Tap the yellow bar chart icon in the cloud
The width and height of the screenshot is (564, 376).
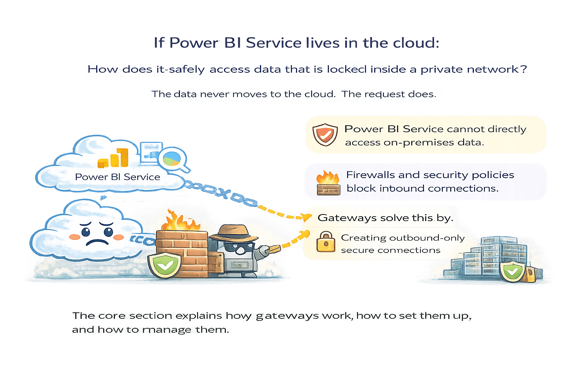point(113,158)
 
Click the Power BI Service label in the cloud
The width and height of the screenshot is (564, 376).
point(117,177)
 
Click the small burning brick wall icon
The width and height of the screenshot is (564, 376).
point(328,182)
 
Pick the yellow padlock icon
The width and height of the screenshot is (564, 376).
point(326,242)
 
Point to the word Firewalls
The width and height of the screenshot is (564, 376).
point(370,175)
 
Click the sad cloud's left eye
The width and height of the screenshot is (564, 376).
point(86,232)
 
